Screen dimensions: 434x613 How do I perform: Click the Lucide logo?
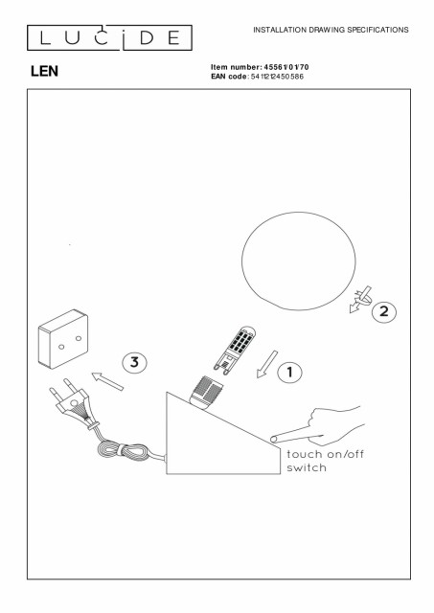coord(109,38)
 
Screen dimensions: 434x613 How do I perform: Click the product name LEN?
coord(45,71)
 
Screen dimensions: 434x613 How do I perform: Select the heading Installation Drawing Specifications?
coord(331,30)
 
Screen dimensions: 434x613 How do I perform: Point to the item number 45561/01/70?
coord(286,67)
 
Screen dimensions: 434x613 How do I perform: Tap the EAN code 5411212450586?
coord(277,77)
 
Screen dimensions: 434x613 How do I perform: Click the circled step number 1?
coord(289,373)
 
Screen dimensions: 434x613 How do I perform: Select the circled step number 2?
coord(384,311)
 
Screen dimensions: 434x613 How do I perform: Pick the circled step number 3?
coord(134,362)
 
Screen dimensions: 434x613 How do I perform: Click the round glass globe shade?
coord(299,261)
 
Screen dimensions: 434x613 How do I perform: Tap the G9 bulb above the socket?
coord(236,349)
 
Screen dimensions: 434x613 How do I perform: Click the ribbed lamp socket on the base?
coord(206,393)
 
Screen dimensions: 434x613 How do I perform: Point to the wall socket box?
coord(63,339)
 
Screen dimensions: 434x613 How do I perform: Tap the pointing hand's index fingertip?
coord(272,440)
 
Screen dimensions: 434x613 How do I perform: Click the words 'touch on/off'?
coord(326,454)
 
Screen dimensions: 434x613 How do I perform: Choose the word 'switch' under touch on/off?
coord(307,467)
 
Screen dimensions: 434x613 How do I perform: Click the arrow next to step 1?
coord(267,364)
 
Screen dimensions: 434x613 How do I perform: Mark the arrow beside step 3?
coord(107,381)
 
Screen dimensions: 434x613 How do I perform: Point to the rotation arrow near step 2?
coord(360,300)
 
